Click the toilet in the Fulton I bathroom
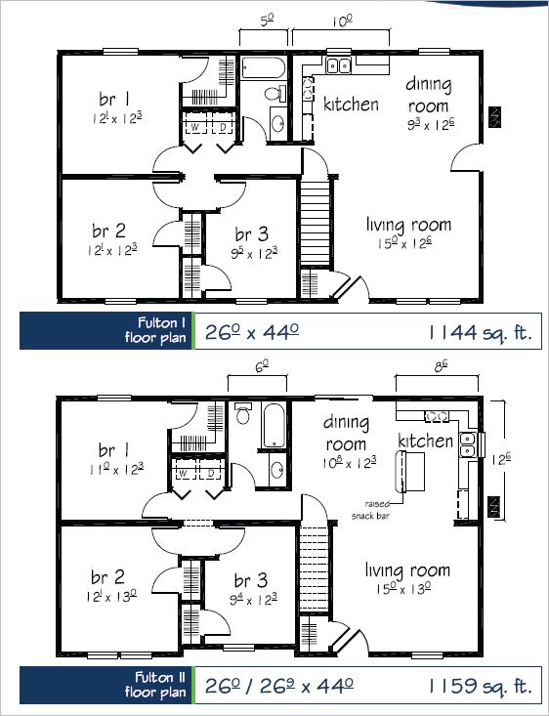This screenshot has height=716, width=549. point(274,93)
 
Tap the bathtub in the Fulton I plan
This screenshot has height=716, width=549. point(263,68)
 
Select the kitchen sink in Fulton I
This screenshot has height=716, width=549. point(338,65)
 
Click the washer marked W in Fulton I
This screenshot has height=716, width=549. point(195,127)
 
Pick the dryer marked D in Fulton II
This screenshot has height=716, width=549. point(211,473)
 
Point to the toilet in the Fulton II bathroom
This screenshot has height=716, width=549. point(242,413)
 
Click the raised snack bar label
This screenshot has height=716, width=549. point(370,510)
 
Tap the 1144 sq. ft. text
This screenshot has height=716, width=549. point(480,332)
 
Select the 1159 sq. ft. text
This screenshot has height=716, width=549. point(480,685)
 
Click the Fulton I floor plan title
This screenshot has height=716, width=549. point(155,330)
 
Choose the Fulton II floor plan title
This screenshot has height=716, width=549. point(155,685)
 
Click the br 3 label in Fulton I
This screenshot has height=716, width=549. point(251,234)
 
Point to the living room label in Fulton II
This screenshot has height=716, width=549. point(407,570)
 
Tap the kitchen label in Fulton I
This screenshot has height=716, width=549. point(351,104)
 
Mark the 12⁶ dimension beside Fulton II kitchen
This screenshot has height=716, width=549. point(500,459)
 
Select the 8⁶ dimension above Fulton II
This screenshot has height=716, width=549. point(440,366)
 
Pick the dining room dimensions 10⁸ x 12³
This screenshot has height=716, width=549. point(349,463)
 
